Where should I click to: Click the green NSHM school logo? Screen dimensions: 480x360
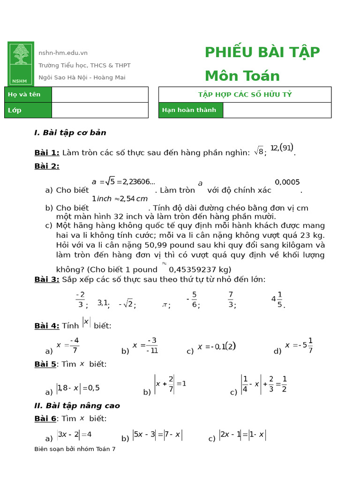[x=20, y=63]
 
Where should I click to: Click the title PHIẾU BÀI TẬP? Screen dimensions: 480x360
[x=262, y=52]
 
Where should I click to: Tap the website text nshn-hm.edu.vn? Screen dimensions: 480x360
[x=63, y=53]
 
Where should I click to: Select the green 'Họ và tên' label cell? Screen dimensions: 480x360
[x=28, y=94]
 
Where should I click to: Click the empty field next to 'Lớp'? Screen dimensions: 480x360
[x=99, y=110]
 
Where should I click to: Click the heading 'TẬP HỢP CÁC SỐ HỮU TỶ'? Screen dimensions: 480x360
[x=245, y=94]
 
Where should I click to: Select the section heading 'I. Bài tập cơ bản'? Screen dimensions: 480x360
[x=70, y=133]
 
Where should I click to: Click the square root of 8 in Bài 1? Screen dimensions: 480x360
[x=259, y=151]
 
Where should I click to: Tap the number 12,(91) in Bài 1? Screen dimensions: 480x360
[x=282, y=148]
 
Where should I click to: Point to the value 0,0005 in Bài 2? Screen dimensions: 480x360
[x=287, y=182]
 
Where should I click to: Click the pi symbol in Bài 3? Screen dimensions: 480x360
[x=165, y=305]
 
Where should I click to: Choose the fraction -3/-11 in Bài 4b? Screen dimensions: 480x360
[x=146, y=345]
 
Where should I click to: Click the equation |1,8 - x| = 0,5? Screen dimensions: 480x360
[x=78, y=388]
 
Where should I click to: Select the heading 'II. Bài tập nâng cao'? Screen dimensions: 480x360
[x=77, y=405]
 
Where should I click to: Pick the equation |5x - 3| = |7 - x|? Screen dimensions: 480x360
[x=157, y=435]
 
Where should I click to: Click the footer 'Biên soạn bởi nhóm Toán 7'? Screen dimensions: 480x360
[x=75, y=449]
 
